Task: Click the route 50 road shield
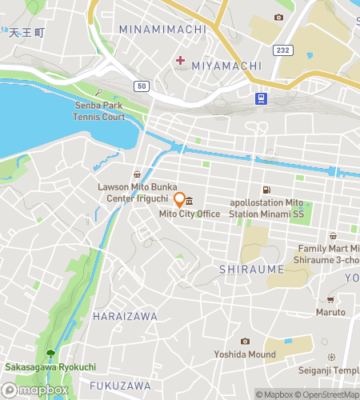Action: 142,85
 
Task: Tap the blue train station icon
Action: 261,98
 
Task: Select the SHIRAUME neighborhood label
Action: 252,270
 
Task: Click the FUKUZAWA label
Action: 120,386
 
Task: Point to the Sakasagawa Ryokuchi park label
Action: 50,367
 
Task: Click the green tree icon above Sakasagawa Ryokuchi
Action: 51,353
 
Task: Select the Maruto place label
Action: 330,312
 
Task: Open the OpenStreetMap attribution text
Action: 327,394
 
